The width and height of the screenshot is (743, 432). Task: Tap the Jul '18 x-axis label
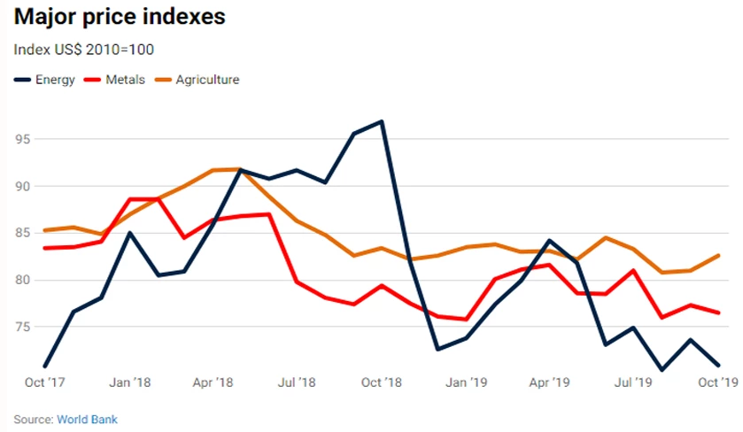point(298,382)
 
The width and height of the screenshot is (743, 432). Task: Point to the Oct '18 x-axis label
point(382,382)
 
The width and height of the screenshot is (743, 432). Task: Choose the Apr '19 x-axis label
point(549,382)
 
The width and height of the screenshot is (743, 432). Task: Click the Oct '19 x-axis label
point(719,382)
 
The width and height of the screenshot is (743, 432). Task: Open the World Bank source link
point(87,419)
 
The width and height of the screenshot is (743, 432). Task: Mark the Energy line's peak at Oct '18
point(382,121)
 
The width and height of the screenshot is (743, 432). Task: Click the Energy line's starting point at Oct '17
point(44,366)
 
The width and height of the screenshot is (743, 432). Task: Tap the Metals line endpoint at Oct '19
point(717,312)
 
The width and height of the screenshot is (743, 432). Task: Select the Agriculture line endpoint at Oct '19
point(717,255)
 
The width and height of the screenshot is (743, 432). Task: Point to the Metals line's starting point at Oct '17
point(44,248)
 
